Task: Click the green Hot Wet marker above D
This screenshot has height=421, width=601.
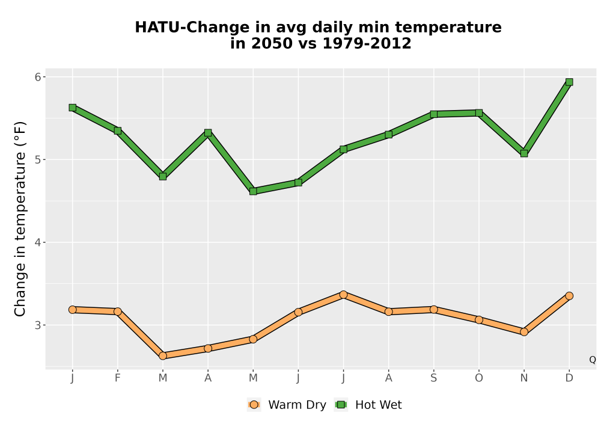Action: [569, 82]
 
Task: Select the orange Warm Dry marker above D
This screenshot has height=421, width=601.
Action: [569, 296]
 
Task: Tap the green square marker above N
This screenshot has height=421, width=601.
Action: [524, 153]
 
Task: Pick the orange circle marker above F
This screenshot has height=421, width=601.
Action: [118, 312]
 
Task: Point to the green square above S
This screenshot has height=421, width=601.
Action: [433, 114]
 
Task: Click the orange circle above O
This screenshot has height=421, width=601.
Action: [479, 320]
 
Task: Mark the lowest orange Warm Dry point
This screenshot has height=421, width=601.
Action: [163, 356]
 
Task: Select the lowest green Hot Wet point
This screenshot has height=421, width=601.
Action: [253, 191]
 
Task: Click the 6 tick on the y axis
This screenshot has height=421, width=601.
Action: [37, 77]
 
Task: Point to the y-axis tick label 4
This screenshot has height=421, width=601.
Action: [37, 242]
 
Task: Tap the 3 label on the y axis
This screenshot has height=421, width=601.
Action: [37, 325]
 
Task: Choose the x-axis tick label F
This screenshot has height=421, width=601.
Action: [118, 378]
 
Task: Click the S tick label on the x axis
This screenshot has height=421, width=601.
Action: [433, 378]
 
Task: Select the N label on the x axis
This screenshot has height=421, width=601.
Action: [524, 378]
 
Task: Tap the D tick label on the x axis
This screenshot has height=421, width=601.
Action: [569, 378]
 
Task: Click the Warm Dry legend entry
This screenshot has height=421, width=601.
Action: [287, 405]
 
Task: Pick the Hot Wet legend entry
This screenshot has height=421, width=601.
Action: [368, 405]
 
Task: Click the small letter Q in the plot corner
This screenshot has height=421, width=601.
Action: [593, 360]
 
